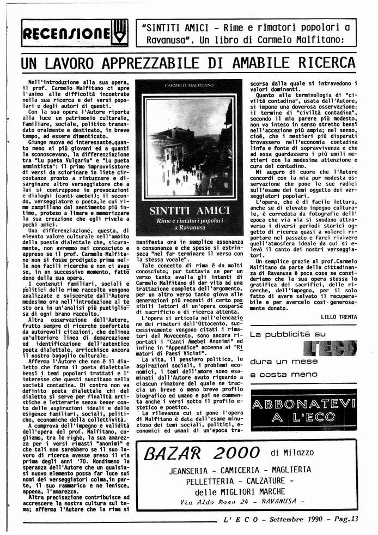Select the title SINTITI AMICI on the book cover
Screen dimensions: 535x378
coord(188,210)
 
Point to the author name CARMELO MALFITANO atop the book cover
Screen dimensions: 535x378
coord(188,86)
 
